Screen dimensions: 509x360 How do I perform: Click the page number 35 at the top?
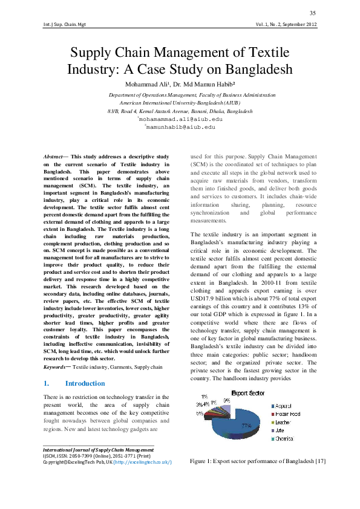click(x=312, y=13)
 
